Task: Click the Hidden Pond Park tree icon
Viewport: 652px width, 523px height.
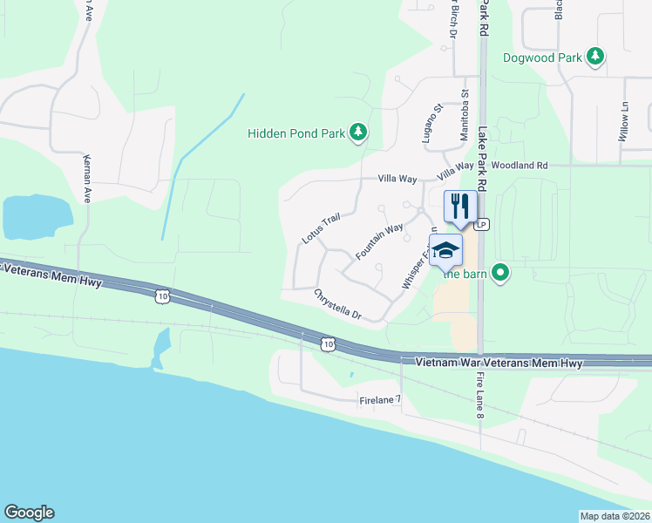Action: (x=358, y=132)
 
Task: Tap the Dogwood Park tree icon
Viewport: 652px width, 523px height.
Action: (x=595, y=58)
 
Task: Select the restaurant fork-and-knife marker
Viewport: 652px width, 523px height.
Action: (x=460, y=207)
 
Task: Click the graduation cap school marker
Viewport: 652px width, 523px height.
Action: (x=445, y=250)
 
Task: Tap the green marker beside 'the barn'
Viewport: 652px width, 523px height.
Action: (x=500, y=273)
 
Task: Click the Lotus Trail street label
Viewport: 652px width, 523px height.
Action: (x=319, y=229)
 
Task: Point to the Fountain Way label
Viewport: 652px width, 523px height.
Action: (x=379, y=241)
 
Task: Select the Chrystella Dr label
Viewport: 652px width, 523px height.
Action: (x=337, y=305)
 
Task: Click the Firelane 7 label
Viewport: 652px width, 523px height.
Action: (x=380, y=401)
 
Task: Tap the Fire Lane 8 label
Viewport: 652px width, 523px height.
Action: (x=479, y=397)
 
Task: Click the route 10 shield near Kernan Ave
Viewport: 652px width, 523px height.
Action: (x=162, y=297)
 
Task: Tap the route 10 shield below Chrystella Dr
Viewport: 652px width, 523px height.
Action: (x=327, y=344)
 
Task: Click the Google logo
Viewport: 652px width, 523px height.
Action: (x=29, y=513)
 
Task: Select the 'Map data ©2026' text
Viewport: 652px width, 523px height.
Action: (x=615, y=516)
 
